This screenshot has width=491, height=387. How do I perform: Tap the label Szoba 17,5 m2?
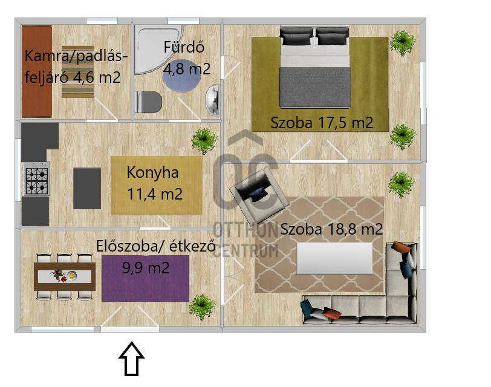(x=321, y=123)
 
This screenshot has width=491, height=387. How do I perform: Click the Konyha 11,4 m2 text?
(x=154, y=183)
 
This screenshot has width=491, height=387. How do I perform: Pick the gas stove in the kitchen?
(x=36, y=180)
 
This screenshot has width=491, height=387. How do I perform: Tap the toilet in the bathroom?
(x=148, y=101)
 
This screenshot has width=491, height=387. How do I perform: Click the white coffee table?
(x=334, y=259)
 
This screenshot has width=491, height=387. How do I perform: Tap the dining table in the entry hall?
(x=64, y=276)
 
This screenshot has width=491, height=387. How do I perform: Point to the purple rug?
(x=145, y=284)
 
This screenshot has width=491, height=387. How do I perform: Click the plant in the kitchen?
(x=204, y=141)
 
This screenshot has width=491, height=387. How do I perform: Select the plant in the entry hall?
(x=202, y=307)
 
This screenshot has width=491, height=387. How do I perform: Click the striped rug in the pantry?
(x=77, y=72)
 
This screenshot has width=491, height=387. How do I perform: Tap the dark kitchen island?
(x=87, y=188)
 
